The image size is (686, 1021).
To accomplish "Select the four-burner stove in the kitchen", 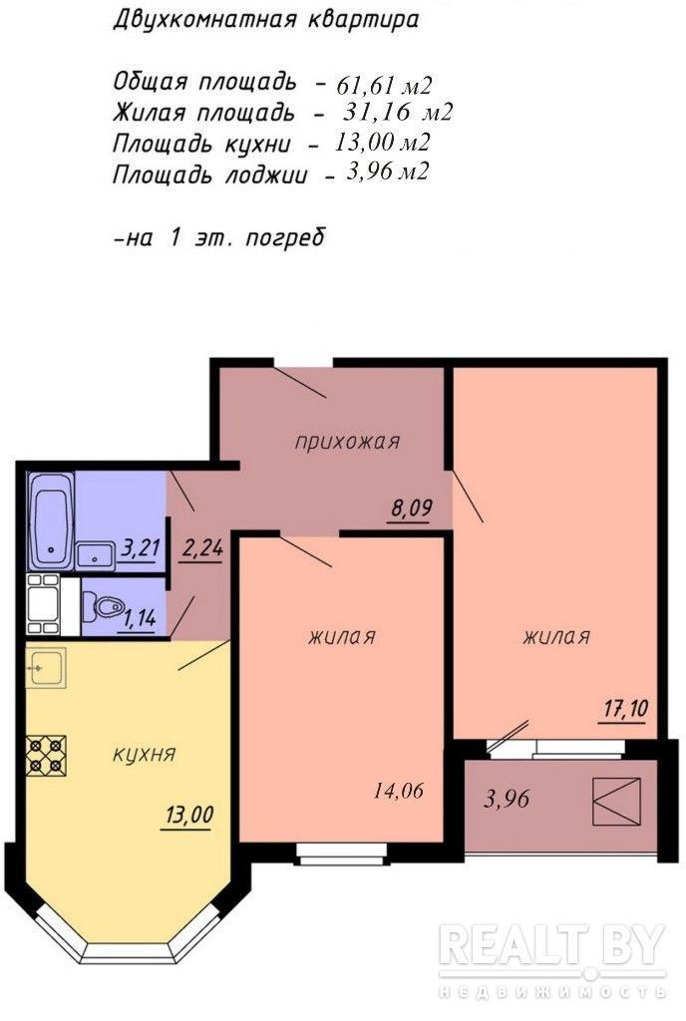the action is pos(46,755).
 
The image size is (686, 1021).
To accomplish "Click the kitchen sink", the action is pos(46,667).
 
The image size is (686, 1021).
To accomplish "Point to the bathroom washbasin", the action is pos(96,556).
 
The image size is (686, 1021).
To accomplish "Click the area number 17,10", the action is pos(625,708).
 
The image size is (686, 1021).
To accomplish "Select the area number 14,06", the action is pos(398,791).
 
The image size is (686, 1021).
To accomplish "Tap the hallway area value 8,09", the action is pos(412,508).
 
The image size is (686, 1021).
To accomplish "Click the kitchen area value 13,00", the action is pos(189,815).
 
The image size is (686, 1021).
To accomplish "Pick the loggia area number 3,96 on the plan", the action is pos(507,798).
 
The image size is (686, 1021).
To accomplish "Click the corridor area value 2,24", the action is pos(202,549).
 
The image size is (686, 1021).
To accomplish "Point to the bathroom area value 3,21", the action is pos(140,547).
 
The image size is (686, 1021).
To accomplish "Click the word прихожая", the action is pos(347,442).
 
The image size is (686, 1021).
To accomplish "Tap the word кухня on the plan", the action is pos(145,754).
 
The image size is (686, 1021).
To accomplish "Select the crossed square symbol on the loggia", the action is pos(616,801).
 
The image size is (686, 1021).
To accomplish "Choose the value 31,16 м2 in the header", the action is pos(398,113).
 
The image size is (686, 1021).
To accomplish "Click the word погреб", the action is pos(285,237).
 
